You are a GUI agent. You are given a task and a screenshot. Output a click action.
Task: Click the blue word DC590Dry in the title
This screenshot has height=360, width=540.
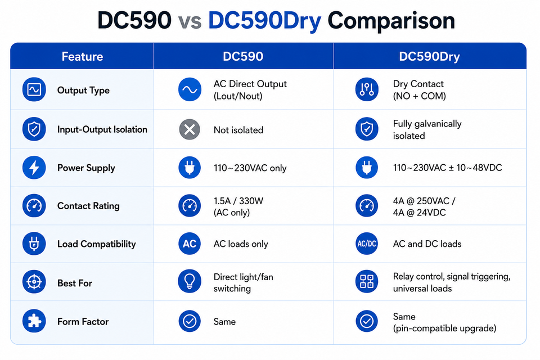(264, 21)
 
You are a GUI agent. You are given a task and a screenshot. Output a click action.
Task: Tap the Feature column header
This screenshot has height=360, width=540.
(82, 56)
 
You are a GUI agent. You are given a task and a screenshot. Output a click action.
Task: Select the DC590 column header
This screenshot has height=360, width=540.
(243, 56)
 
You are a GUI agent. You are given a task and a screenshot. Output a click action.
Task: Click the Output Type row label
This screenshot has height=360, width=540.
(83, 90)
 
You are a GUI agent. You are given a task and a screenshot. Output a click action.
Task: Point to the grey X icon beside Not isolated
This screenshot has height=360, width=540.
(190, 129)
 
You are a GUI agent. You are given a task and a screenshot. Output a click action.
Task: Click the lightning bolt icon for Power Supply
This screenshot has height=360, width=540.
(34, 168)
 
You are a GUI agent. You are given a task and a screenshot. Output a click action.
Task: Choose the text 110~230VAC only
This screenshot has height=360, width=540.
(250, 168)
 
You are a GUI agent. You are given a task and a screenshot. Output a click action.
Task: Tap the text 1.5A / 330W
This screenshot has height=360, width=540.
(238, 201)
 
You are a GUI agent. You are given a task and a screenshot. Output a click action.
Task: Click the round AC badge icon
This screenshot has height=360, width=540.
(190, 244)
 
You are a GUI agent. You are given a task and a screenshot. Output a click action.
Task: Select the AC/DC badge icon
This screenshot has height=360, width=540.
(367, 244)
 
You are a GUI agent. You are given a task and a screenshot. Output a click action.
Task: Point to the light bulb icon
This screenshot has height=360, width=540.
(190, 281)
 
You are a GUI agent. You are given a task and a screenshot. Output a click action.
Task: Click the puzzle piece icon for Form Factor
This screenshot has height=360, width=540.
(34, 321)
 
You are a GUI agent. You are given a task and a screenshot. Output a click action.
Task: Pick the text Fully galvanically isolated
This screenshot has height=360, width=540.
(427, 130)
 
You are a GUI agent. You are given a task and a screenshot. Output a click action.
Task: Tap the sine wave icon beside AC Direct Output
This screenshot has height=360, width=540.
(190, 89)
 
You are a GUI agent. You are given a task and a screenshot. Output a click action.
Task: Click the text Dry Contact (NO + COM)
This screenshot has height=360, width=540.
(420, 90)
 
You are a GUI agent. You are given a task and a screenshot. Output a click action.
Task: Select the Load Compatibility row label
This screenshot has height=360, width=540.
(96, 244)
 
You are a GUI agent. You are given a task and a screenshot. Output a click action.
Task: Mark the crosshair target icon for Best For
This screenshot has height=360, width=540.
(34, 282)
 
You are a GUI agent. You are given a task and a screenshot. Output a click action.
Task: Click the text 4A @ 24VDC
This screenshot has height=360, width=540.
(420, 213)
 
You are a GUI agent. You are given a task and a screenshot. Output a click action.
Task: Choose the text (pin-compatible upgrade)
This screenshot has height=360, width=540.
(444, 328)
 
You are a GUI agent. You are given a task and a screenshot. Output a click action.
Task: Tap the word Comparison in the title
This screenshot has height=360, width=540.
(391, 21)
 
